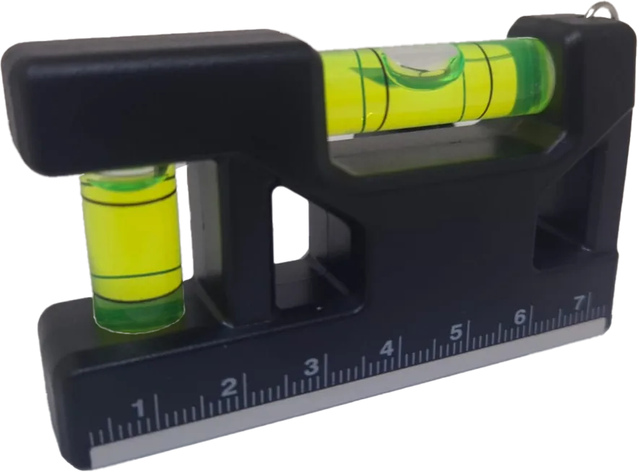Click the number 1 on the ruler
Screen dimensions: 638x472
140,408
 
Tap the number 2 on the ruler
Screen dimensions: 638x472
228,387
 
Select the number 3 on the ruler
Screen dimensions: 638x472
311,367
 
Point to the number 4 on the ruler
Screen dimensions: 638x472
387,349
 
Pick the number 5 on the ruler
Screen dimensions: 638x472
456,332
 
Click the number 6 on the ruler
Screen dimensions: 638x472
520,317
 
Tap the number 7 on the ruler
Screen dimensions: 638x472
579,303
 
